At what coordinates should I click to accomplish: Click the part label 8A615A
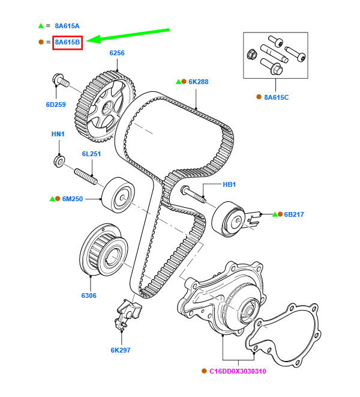pos(67,26)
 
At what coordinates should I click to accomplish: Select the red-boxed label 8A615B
pos(67,42)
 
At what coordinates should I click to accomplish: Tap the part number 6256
pos(117,53)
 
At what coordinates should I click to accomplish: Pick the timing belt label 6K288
pos(198,82)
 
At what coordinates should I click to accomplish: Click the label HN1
pos(58,134)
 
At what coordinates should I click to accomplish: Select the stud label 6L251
pos(92,154)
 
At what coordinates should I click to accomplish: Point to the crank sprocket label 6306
pos(89,295)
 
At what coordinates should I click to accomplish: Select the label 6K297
pos(120,350)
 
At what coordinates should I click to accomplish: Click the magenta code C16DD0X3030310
pos(238,371)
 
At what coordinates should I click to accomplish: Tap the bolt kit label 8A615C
pos(276,97)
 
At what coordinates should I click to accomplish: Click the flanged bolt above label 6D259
pos(60,79)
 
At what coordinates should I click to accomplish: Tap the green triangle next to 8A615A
pos(41,26)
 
